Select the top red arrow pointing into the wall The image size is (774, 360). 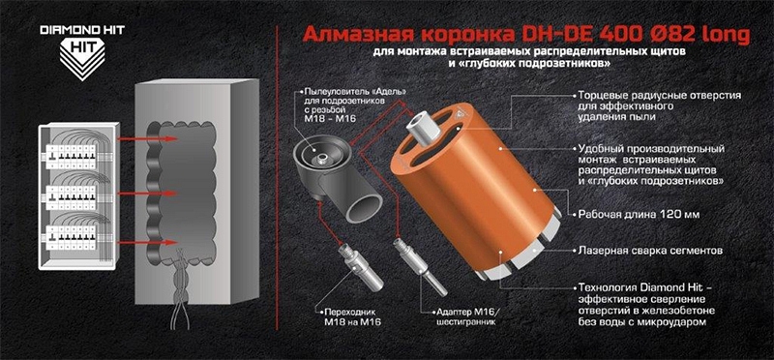[147, 138]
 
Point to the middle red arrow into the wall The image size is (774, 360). [147, 193]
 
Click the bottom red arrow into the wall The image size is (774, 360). [147, 242]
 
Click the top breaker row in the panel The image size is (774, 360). [74, 156]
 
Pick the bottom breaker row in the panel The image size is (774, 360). [74, 238]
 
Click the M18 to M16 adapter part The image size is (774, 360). [360, 266]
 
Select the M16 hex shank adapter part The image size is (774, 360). [420, 267]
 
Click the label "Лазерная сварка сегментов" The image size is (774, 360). [650, 251]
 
